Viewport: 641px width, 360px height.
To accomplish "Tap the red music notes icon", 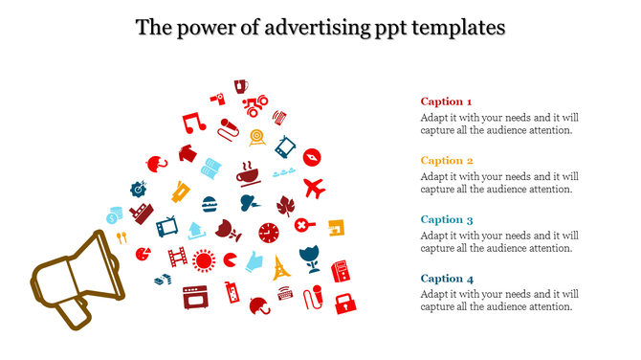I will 194,123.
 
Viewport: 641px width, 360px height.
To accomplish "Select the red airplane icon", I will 314,186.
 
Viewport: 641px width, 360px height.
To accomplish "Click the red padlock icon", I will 344,304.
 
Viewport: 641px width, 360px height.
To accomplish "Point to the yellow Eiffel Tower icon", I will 281,267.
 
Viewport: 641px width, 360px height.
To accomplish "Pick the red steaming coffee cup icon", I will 248,173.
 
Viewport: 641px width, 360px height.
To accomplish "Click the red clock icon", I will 270,233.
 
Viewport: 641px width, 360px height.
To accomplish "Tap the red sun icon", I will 203,259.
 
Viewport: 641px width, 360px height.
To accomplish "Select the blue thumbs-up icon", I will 254,260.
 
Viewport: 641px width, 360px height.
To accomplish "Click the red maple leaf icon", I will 285,205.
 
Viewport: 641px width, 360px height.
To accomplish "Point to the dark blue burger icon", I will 210,204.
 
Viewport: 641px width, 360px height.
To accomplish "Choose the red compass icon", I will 311,156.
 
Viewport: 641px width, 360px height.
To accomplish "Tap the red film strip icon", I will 178,257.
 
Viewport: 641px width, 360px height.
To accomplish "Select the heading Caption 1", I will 446,101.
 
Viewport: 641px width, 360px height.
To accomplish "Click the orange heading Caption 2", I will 447,161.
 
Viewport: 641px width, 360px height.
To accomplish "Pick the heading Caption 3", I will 447,219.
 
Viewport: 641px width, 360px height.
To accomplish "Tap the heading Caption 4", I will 447,279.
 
